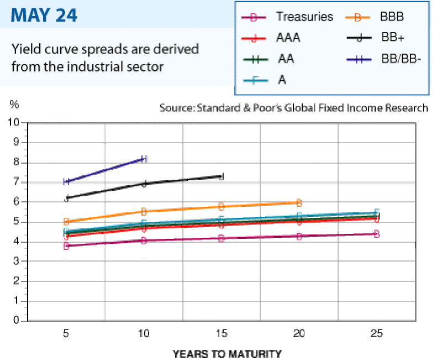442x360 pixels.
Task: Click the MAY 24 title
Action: tap(44, 15)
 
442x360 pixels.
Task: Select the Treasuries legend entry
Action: tap(287, 17)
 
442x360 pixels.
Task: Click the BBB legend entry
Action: tap(375, 17)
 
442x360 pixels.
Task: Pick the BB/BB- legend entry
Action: tap(383, 59)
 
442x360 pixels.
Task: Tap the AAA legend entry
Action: tap(271, 38)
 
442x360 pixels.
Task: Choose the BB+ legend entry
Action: tap(375, 37)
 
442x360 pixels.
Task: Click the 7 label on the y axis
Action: tap(16, 182)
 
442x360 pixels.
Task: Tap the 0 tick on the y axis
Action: tap(16, 320)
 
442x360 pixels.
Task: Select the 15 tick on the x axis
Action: tap(222, 333)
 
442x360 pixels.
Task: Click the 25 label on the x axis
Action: tap(377, 333)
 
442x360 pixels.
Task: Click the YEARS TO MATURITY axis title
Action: tap(227, 354)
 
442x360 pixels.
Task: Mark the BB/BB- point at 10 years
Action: tap(144, 159)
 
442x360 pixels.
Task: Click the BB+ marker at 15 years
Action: tap(222, 176)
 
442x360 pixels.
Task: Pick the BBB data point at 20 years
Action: tap(299, 202)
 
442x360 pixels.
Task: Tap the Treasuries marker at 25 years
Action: tap(377, 233)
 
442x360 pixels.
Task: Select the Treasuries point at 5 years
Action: tap(66, 246)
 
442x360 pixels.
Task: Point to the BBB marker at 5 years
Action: tap(66, 221)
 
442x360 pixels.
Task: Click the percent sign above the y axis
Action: tap(14, 105)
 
